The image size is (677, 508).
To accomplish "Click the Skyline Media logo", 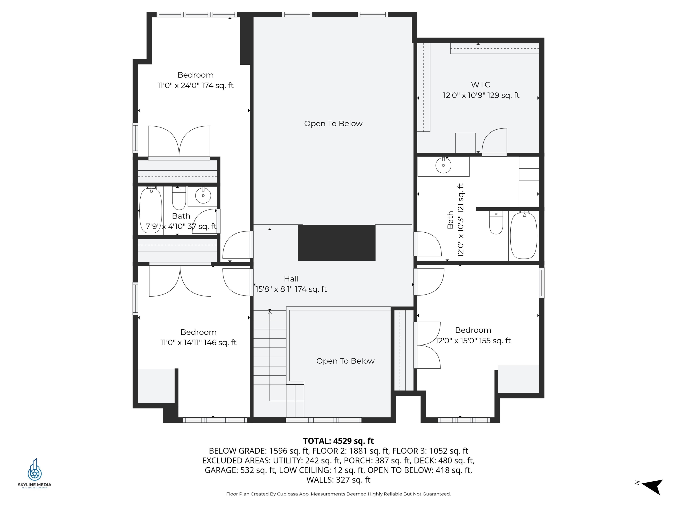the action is click(x=35, y=473).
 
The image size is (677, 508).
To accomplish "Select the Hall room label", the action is click(x=291, y=279).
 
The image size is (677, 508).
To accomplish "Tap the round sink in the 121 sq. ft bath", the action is click(x=443, y=166).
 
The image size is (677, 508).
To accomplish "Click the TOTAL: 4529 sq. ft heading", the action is click(x=338, y=441).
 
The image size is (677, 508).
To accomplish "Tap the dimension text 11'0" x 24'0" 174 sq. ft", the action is click(x=195, y=85).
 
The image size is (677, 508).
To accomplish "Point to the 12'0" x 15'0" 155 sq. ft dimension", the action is click(x=473, y=340).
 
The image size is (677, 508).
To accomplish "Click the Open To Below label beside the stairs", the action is click(x=345, y=361).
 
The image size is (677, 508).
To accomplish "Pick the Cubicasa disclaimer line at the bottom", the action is click(x=338, y=494).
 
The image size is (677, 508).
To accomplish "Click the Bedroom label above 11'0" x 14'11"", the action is click(x=198, y=332).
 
